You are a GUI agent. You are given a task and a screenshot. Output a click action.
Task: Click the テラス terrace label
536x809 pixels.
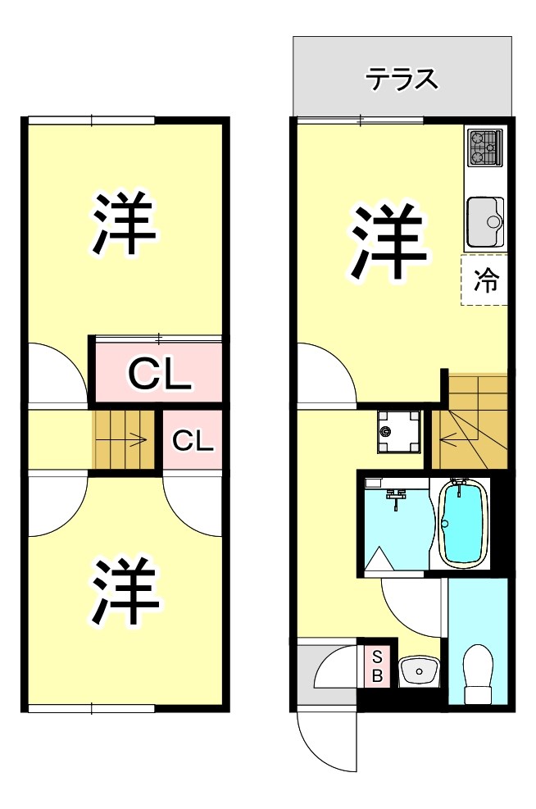point(402,80)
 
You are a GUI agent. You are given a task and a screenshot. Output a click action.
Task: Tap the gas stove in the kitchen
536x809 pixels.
point(484,148)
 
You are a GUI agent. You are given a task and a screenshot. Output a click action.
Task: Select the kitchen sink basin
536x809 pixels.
point(484,222)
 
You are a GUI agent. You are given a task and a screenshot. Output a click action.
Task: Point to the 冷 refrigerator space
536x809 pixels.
point(485,280)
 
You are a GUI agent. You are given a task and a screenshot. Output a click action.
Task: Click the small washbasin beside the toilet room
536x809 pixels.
point(419,672)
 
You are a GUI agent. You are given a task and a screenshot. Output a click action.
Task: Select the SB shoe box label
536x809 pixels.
point(377,666)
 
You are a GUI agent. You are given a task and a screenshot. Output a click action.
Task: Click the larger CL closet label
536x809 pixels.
point(159,375)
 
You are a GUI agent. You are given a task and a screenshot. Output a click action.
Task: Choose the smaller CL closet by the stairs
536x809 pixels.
point(193,441)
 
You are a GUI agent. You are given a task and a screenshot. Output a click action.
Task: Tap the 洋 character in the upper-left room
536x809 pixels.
point(125,224)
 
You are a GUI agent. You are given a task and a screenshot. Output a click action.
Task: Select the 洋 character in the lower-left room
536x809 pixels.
point(125,591)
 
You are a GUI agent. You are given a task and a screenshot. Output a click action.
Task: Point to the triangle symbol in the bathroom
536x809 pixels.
point(379,559)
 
